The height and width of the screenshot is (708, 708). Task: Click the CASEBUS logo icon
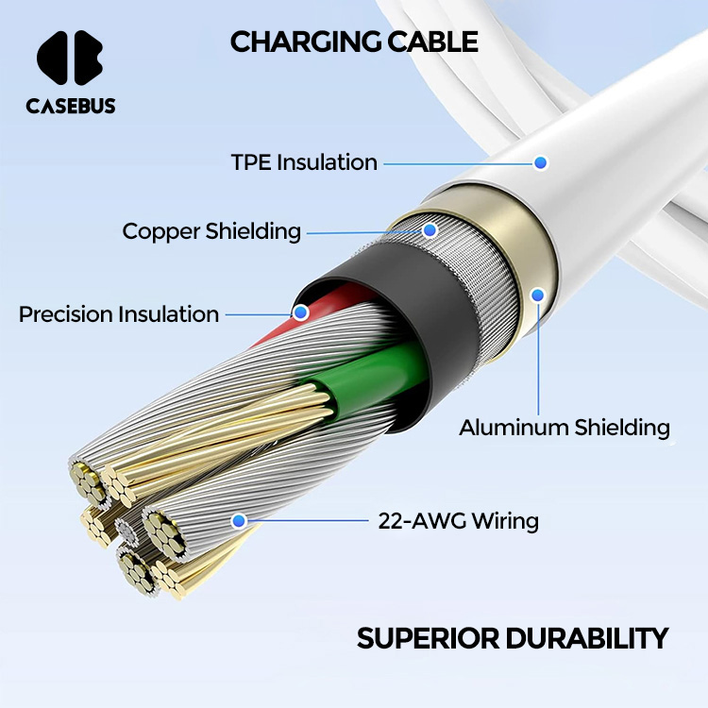(x=70, y=58)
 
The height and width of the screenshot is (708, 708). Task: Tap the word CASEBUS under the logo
(x=71, y=106)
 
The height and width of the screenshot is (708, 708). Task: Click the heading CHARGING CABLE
(x=354, y=42)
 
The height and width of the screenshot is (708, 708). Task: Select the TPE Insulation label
(x=304, y=162)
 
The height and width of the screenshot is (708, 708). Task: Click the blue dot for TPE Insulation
(x=540, y=162)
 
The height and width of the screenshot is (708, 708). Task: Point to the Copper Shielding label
(x=211, y=231)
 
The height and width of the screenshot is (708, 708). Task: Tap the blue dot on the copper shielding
(x=430, y=230)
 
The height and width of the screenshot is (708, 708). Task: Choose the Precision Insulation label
(x=119, y=314)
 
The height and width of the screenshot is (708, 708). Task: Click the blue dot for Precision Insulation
(x=301, y=312)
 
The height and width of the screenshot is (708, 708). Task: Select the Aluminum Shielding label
(x=565, y=428)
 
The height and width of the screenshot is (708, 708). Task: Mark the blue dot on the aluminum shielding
(x=537, y=295)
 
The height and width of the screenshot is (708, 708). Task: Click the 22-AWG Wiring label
(x=458, y=520)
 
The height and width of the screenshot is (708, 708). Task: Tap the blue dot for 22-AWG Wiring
(x=239, y=521)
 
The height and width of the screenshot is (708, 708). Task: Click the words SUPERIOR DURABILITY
(x=512, y=638)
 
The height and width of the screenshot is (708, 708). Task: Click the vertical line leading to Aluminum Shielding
(x=538, y=359)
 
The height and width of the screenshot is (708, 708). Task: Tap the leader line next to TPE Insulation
(x=458, y=163)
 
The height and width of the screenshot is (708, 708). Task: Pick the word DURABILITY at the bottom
(x=586, y=638)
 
